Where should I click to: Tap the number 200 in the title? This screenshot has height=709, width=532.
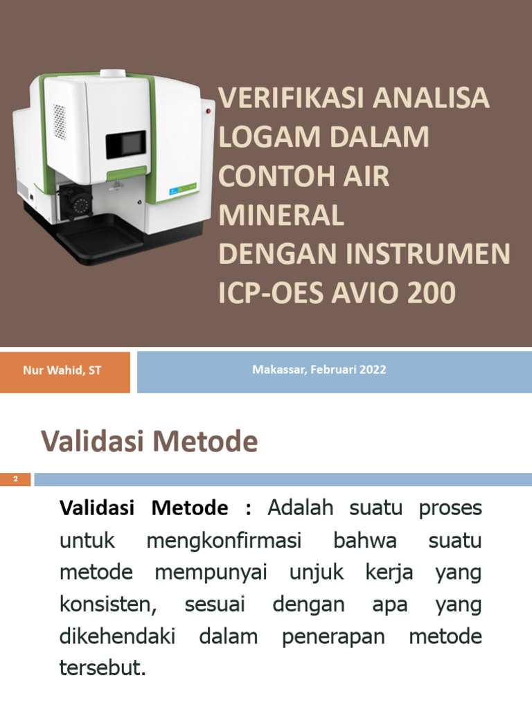click(x=432, y=294)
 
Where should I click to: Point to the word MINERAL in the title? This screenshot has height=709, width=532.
click(x=281, y=216)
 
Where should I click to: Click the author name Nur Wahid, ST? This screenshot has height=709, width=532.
click(x=62, y=370)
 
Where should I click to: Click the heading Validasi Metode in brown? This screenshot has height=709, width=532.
click(x=149, y=441)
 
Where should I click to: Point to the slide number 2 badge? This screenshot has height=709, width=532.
click(x=16, y=479)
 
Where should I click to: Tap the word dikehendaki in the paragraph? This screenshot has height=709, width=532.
click(x=117, y=637)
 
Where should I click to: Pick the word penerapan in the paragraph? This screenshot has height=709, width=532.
click(x=333, y=637)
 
